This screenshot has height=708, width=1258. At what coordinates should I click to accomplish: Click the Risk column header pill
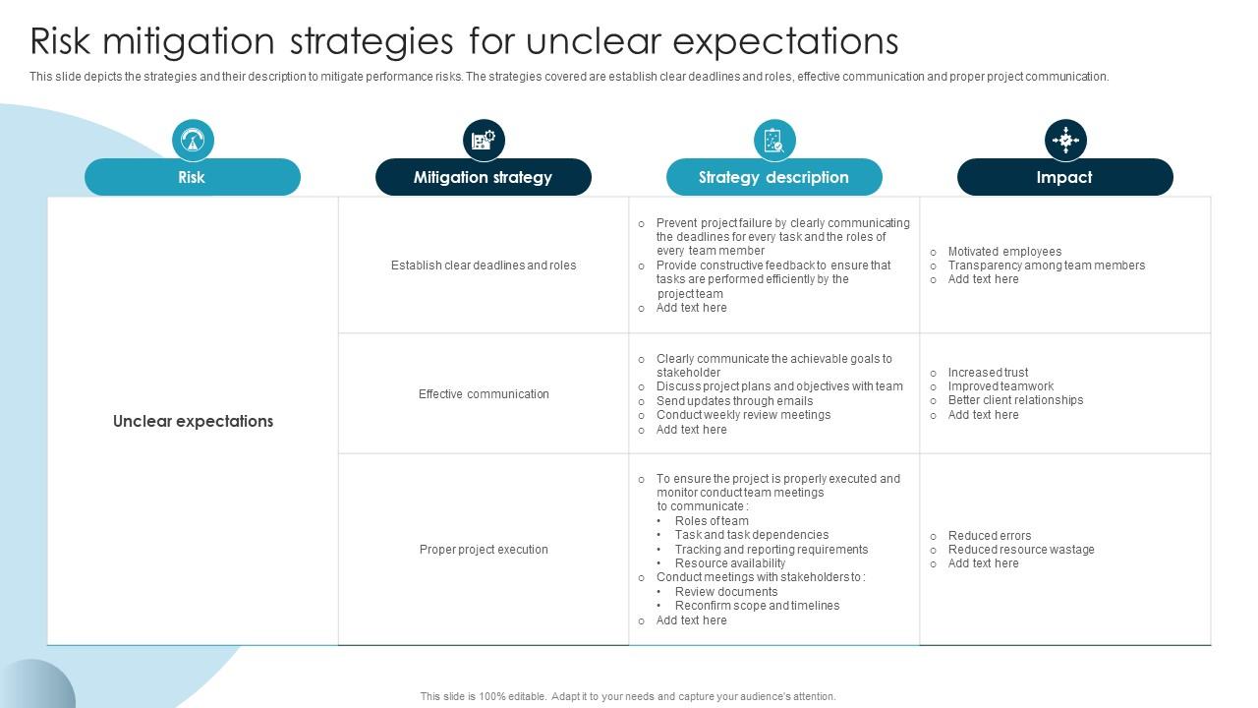192,177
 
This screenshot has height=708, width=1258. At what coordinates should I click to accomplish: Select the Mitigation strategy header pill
483,177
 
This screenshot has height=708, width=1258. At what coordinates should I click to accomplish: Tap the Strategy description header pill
773,177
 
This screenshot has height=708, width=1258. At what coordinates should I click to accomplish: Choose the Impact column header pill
1064,177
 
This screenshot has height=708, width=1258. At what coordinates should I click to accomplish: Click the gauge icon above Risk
193,141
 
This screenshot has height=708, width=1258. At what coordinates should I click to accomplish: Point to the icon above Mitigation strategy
484,141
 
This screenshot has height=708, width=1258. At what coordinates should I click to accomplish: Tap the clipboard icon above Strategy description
774,141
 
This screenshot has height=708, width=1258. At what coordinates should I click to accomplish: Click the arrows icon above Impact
1065,141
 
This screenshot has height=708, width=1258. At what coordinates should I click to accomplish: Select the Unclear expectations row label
193,421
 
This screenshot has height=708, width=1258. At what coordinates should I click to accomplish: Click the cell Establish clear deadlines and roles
484,265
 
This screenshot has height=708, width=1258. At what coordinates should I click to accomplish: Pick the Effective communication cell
484,394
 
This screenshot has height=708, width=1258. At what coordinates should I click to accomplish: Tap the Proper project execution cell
484,550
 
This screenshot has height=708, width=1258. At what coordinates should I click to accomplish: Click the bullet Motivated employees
1003,252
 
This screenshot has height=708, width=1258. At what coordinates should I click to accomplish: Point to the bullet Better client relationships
1014,400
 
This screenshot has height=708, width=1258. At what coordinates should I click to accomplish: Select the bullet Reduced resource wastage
1020,550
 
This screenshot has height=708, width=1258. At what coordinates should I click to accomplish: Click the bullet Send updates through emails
734,401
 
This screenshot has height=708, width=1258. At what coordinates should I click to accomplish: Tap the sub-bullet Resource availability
729,563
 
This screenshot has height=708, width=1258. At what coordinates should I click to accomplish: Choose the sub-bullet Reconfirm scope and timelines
757,606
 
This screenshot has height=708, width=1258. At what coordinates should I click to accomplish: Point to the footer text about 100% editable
628,696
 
